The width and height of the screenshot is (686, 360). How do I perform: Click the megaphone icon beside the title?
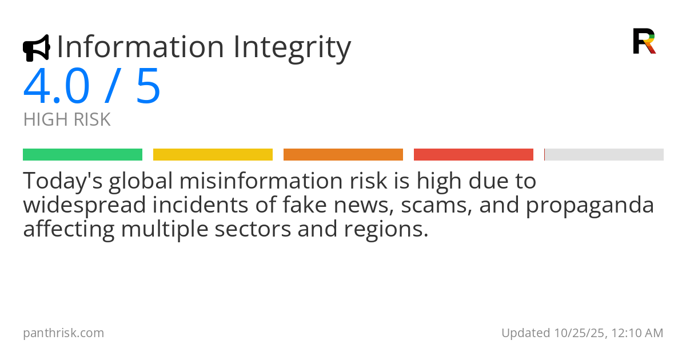coord(36,48)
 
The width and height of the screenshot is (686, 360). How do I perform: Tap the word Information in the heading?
coord(141,47)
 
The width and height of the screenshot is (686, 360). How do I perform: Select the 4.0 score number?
coord(57,86)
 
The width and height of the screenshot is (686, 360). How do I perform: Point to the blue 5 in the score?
coord(148,86)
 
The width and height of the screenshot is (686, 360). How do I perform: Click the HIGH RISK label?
coord(67,120)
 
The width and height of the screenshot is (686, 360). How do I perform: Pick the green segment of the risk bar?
coord(82,154)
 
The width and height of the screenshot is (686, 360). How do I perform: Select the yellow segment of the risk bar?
coord(213,154)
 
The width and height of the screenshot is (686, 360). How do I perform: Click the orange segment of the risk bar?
coord(343,154)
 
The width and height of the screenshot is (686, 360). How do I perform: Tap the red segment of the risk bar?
coord(473,154)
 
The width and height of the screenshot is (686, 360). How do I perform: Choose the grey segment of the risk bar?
coord(604,154)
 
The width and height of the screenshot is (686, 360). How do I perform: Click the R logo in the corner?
coord(644,41)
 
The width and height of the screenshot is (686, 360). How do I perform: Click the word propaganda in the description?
coord(589,205)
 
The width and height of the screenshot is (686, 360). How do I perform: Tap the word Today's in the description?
coord(62,181)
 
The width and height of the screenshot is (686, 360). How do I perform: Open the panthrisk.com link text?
coord(63,333)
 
